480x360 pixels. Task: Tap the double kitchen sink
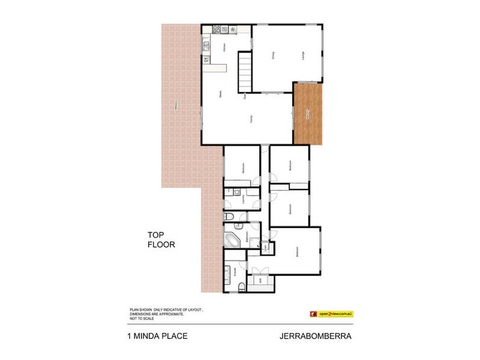tap(206, 43)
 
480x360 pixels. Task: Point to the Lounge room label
tap(304, 56)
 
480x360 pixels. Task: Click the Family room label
tap(251, 119)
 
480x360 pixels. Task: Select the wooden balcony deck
tap(308, 113)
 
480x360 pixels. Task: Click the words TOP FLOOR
tap(161, 240)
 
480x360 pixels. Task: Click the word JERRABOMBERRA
tap(316, 337)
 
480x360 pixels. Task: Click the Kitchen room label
tap(224, 49)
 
